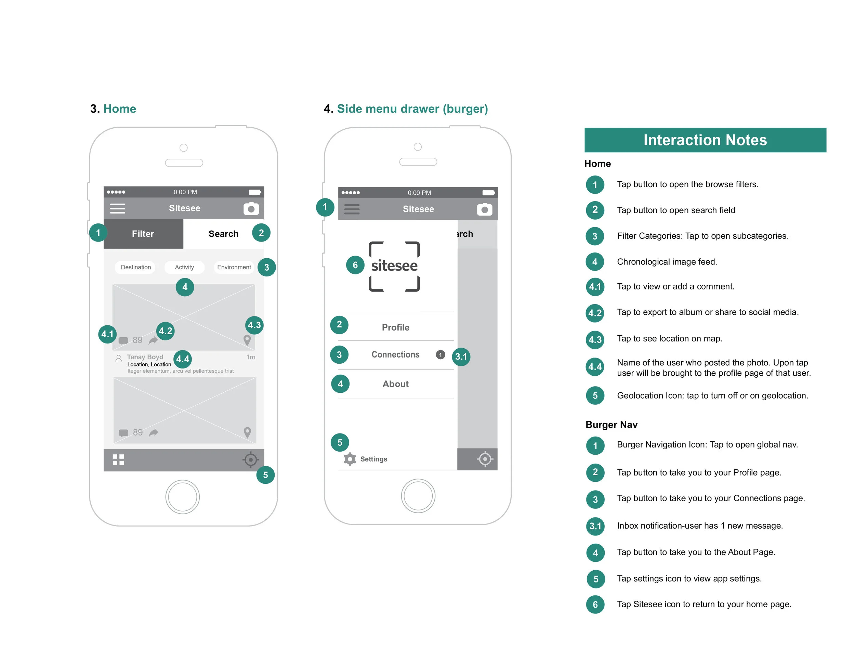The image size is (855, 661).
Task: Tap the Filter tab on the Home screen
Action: point(143,234)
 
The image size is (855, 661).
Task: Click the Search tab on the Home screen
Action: point(223,234)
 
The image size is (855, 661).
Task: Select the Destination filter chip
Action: point(135,267)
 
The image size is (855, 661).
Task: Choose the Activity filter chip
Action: point(184,267)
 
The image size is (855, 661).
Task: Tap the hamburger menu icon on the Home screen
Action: point(117,208)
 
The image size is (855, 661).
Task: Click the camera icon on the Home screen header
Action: point(251,208)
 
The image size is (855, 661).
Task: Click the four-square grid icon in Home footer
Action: point(118,460)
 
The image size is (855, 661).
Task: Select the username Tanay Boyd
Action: point(145,357)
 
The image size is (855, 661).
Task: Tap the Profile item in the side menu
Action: point(395,327)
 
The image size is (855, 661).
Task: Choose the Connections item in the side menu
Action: point(395,354)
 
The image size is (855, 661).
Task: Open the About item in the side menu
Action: point(395,384)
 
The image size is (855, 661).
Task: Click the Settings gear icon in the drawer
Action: point(350,459)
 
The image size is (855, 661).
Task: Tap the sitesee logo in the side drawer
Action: point(394,266)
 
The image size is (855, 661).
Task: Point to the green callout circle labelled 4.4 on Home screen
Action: point(182,359)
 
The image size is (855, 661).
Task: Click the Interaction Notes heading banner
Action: point(705,140)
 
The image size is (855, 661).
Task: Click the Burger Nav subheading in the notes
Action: point(611,425)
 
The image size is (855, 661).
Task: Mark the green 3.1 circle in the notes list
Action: point(595,526)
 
